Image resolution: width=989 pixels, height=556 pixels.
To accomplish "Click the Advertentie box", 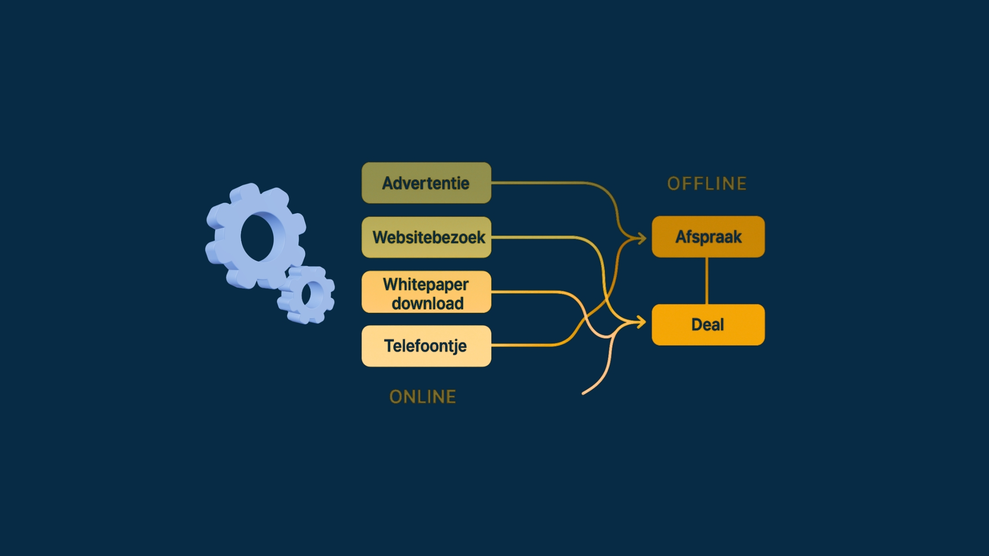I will (x=426, y=183).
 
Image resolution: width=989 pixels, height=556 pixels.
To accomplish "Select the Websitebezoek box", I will (x=426, y=237).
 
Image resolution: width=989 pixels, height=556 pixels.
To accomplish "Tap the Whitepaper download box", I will (x=426, y=292).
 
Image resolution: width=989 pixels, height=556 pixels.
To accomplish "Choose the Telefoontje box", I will (x=426, y=346).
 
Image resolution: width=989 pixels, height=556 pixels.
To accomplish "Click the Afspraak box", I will (x=708, y=237).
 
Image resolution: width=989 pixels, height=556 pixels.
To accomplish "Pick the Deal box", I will (x=708, y=325).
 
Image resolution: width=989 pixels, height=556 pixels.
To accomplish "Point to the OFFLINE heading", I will (x=707, y=184).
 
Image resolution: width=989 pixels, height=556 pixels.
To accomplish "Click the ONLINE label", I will (x=423, y=397).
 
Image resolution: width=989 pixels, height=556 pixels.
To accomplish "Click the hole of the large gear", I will (x=257, y=237).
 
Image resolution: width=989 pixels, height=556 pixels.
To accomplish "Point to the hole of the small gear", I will (x=312, y=295).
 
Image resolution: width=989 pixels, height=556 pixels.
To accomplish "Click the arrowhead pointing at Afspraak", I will (x=642, y=238).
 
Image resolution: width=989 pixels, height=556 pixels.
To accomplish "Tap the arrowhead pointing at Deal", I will (x=642, y=323).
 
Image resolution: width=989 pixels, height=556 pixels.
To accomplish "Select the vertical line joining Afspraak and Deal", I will (x=707, y=281).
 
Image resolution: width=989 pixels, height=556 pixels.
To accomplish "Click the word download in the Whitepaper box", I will (x=427, y=304).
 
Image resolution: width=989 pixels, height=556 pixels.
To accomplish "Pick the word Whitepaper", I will (x=426, y=285).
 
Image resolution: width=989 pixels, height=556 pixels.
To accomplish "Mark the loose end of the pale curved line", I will (x=584, y=393).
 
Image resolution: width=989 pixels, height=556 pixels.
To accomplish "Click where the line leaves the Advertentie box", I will (x=493, y=182).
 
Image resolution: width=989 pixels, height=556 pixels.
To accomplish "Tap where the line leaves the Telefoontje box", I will (x=493, y=345).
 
